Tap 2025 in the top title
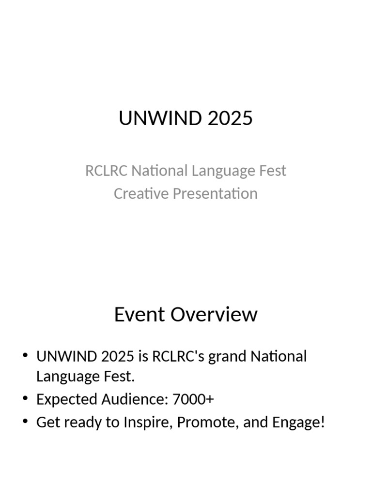(230, 118)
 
